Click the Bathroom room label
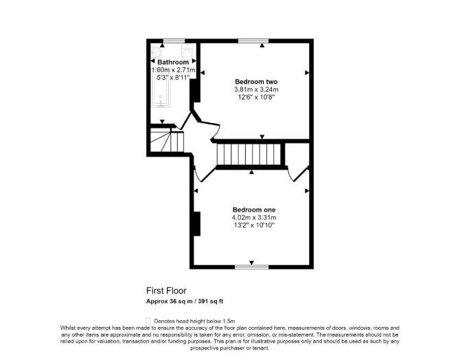173,63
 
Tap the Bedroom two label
256,82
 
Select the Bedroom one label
254,210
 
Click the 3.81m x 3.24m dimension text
256,89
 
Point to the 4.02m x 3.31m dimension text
254,218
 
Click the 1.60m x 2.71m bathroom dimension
173,70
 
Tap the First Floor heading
166,291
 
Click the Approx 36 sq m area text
170,302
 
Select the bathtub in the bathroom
161,88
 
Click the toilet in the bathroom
187,52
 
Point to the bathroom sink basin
155,53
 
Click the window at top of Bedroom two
253,41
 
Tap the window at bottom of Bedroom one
252,267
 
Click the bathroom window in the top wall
174,41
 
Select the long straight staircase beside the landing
249,155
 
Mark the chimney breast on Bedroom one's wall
197,223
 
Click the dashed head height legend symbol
148,322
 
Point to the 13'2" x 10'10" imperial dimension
254,225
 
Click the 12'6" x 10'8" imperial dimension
256,97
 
